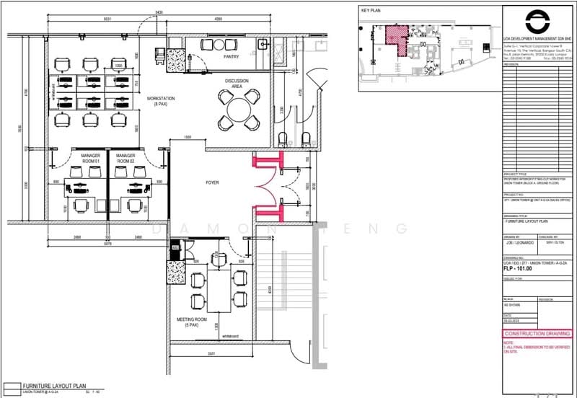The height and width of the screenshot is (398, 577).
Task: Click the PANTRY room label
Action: pos(232,56)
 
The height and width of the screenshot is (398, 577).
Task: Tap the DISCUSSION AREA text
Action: pos(237,83)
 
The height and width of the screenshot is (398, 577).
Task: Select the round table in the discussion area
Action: pos(239,110)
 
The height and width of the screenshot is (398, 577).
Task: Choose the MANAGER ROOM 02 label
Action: pos(126,158)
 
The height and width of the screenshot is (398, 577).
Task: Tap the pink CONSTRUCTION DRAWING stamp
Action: pos(534,334)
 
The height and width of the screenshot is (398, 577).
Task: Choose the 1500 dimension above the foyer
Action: pos(187,137)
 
